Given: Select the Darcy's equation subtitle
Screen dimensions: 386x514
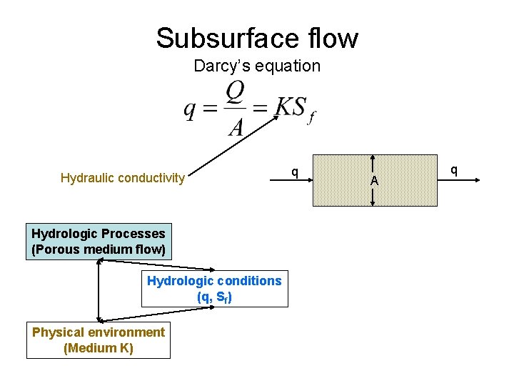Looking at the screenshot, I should tap(257, 66).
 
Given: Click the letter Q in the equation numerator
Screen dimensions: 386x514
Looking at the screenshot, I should tap(236, 91).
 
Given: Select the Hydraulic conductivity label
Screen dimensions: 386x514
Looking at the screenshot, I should tap(123, 178).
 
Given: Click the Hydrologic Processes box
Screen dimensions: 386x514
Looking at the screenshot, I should tap(99, 242).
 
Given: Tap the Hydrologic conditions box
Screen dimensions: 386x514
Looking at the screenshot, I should tap(214, 289).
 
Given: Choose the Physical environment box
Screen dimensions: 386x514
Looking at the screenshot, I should tap(99, 340).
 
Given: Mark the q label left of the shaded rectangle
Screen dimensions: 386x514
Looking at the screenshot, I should tap(294, 171).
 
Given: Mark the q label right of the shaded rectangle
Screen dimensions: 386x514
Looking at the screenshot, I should tap(453, 170).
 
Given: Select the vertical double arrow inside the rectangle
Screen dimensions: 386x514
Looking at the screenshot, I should tap(373, 164).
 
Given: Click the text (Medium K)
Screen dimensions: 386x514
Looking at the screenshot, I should tap(99, 348).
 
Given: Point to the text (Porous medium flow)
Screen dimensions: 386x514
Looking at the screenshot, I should tap(99, 249).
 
